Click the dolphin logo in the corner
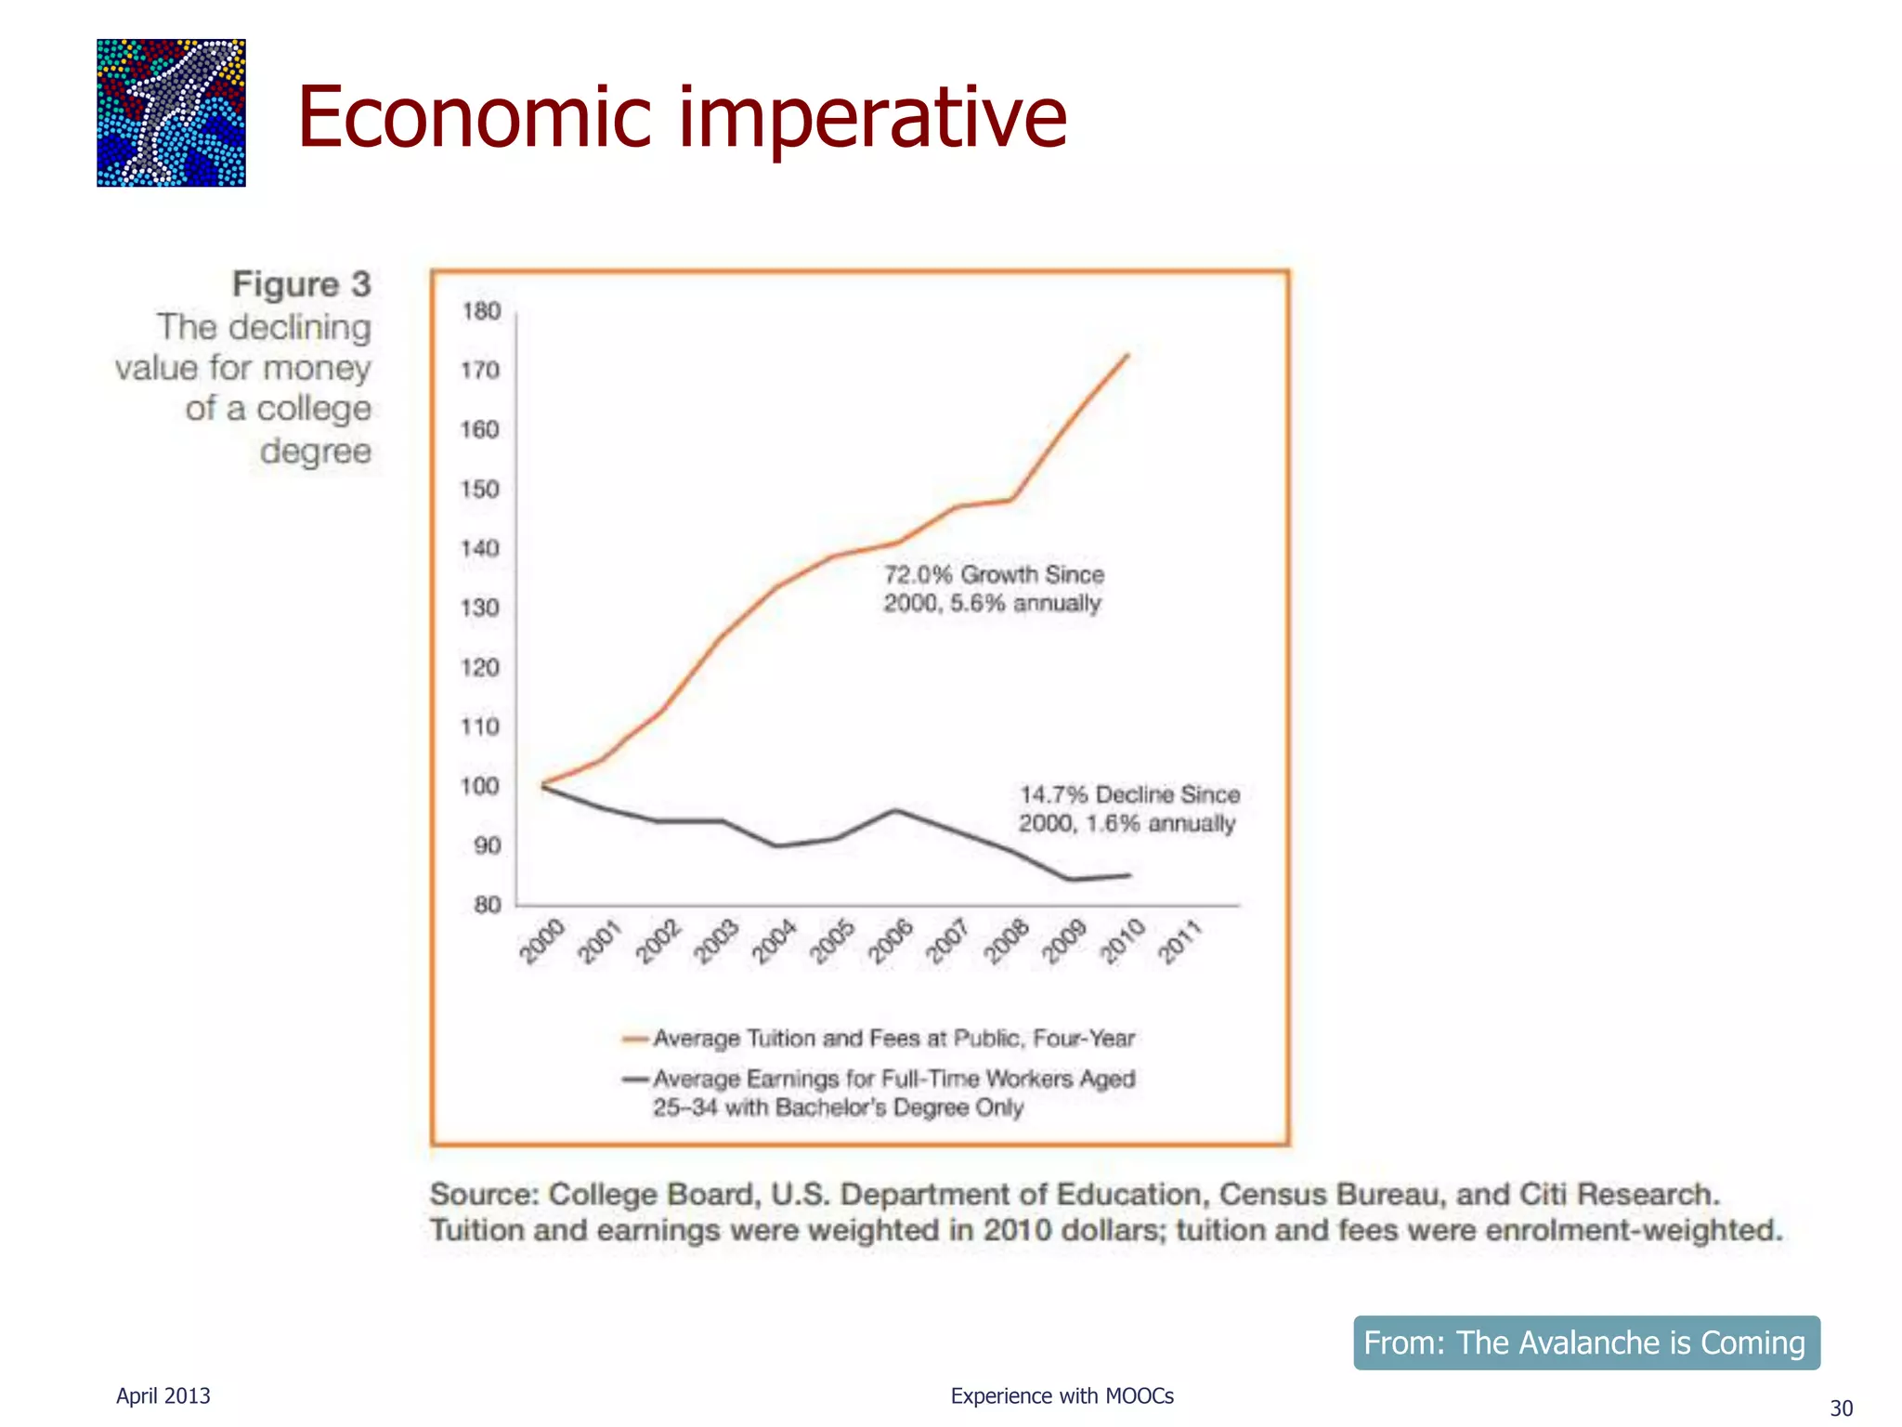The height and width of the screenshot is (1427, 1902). point(171,112)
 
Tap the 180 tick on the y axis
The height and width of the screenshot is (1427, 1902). point(481,311)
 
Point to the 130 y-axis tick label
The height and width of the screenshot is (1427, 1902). point(480,608)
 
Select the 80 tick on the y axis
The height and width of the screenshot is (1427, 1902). point(487,904)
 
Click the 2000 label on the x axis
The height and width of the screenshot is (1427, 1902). point(542,940)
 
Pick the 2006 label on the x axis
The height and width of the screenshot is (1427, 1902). point(891,940)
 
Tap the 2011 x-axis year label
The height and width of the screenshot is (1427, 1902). point(1181,940)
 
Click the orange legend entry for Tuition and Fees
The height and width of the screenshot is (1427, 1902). point(879,1038)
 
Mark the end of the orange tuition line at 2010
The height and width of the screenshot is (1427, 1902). point(1127,355)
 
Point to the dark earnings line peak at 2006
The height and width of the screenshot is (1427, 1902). point(895,810)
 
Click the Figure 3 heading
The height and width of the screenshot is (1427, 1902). point(301,284)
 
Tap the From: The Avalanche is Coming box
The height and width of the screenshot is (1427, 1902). point(1586,1342)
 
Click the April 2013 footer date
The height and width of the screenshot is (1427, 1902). point(163,1395)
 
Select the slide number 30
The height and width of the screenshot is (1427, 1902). point(1841,1408)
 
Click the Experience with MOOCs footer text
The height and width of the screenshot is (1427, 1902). point(1062,1395)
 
